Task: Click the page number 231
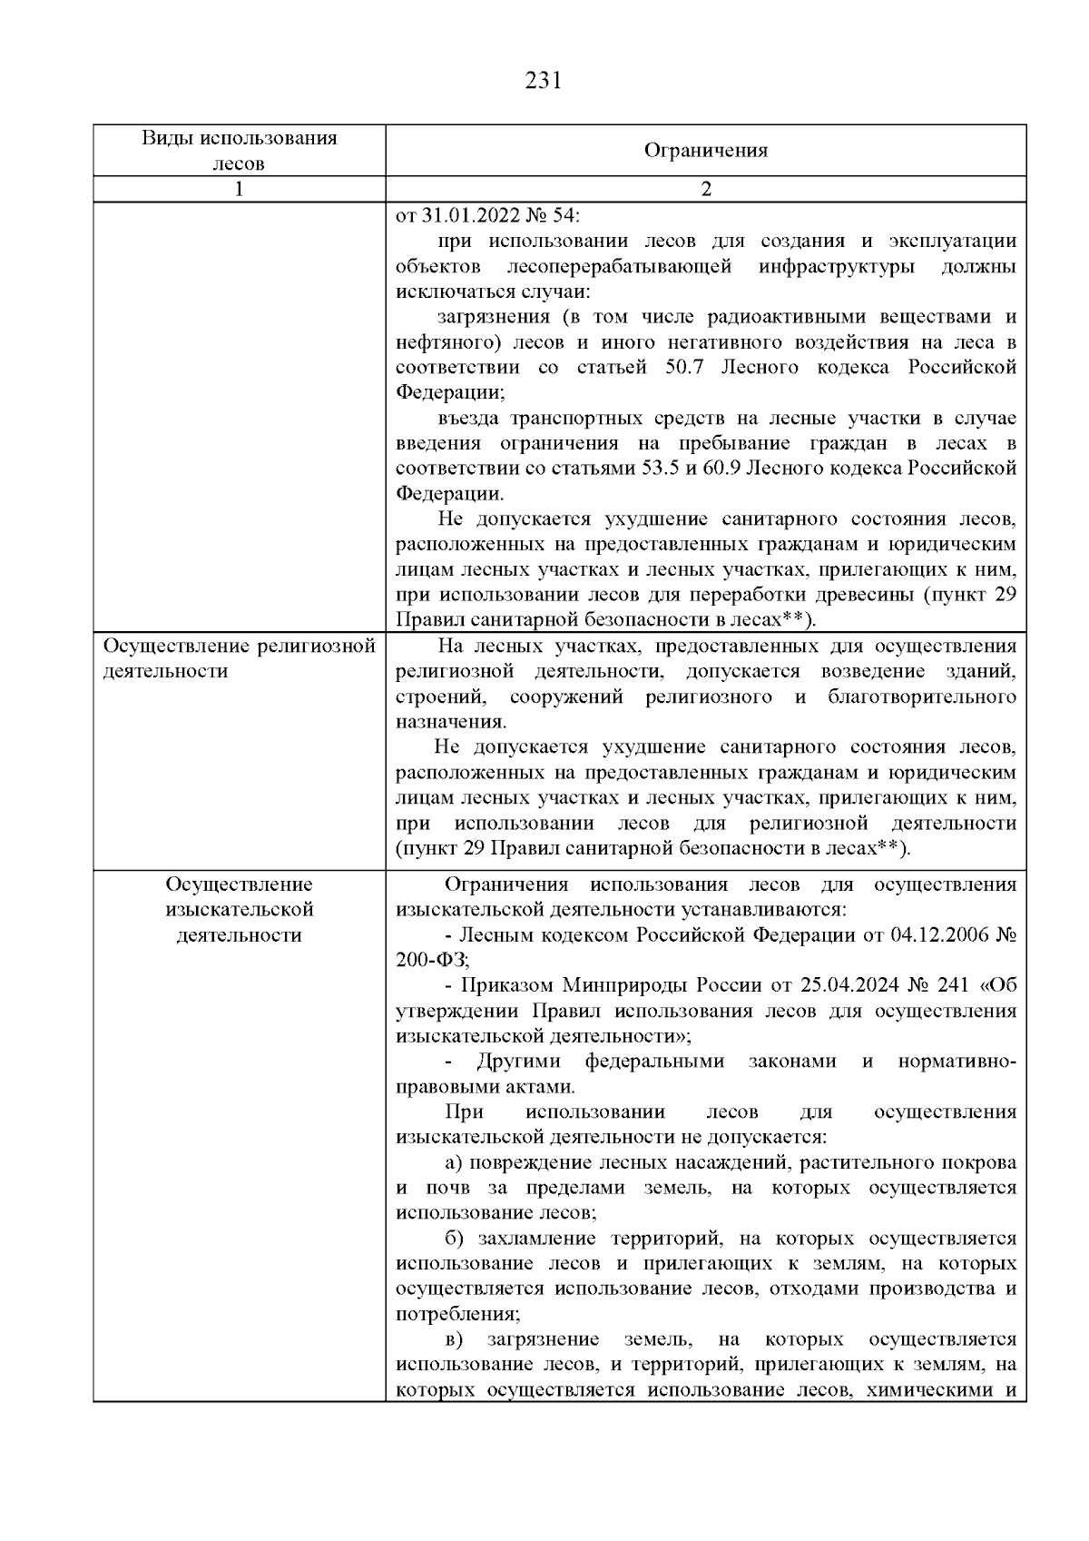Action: coord(544,82)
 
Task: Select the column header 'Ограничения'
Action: coord(705,151)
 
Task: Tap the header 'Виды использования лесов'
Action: coord(239,151)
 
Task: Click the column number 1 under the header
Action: coord(239,189)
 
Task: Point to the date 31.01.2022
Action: coord(461,216)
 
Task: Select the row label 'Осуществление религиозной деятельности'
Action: coord(239,658)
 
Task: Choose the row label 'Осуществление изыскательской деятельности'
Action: coord(239,909)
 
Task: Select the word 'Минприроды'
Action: coord(622,986)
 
